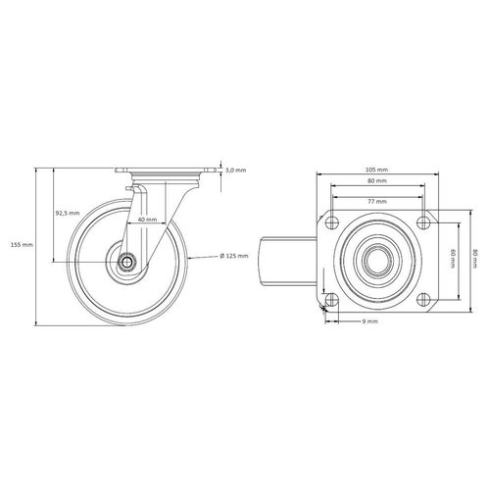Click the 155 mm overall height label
click(x=23, y=244)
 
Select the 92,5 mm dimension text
click(x=68, y=213)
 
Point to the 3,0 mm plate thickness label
click(x=235, y=171)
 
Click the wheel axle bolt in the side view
click(x=128, y=262)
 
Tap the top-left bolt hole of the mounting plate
click(x=332, y=219)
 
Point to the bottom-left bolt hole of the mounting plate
click(x=332, y=297)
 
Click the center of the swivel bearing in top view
click(x=377, y=258)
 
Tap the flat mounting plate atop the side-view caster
click(x=163, y=171)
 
